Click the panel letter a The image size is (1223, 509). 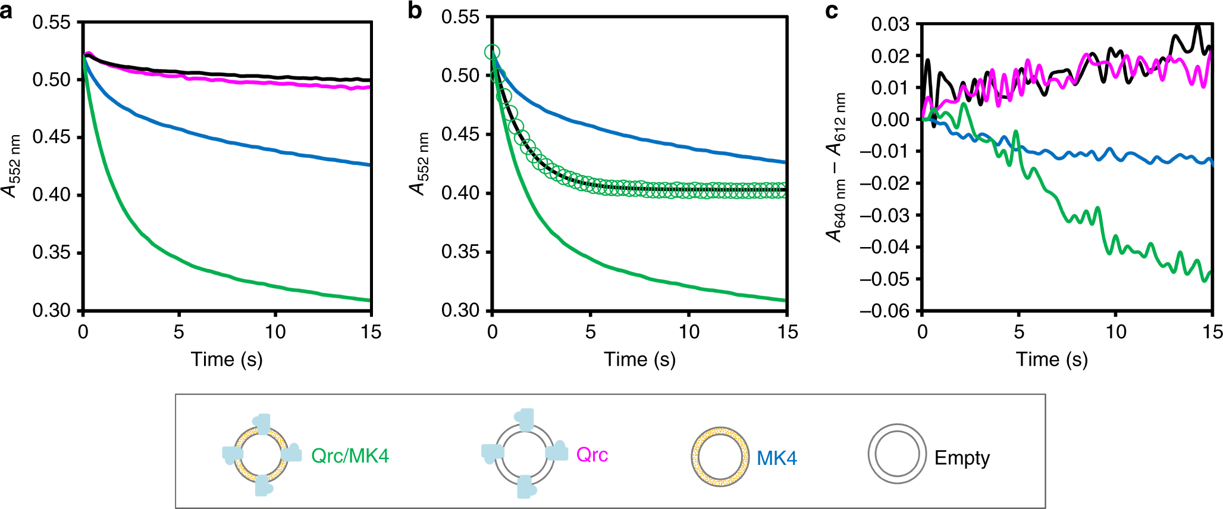pyautogui.click(x=7, y=11)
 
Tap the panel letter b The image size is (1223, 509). pyautogui.click(x=415, y=11)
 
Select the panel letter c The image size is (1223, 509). pyautogui.click(x=832, y=11)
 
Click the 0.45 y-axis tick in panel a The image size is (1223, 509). pyautogui.click(x=51, y=137)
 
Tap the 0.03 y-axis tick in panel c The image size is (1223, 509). pyautogui.click(x=890, y=24)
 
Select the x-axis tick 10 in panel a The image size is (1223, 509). pyautogui.click(x=275, y=332)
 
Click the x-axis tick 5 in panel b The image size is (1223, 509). pyautogui.click(x=590, y=332)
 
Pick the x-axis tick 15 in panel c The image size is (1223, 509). pyautogui.click(x=1212, y=332)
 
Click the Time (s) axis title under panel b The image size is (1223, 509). pyautogui.click(x=639, y=360)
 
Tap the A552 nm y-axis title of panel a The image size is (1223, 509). pyautogui.click(x=12, y=165)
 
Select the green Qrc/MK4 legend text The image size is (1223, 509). pyautogui.click(x=350, y=456)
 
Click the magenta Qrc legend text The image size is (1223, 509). pyautogui.click(x=592, y=455)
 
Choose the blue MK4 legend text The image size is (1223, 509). pyautogui.click(x=776, y=458)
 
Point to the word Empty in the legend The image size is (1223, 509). pyautogui.click(x=962, y=458)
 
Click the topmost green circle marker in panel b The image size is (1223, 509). pyautogui.click(x=492, y=52)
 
